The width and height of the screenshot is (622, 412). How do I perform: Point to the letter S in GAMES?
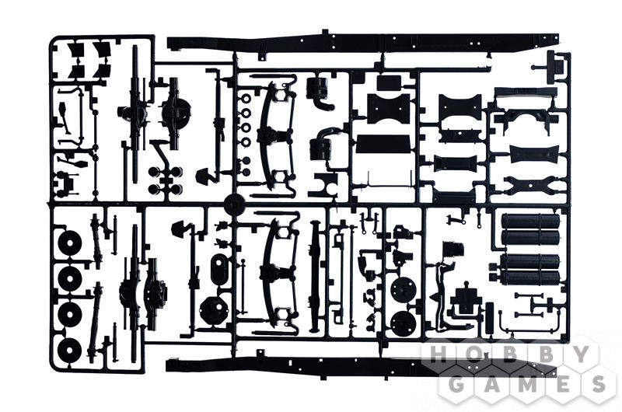pyautogui.click(x=595, y=383)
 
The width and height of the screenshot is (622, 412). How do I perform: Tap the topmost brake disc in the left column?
pyautogui.click(x=70, y=244)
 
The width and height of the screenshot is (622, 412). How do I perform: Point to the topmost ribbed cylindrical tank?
pyautogui.click(x=531, y=221)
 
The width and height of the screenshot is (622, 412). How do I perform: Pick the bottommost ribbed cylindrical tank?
pyautogui.click(x=530, y=279)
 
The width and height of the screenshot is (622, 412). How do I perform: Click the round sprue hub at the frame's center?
pyautogui.click(x=233, y=205)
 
